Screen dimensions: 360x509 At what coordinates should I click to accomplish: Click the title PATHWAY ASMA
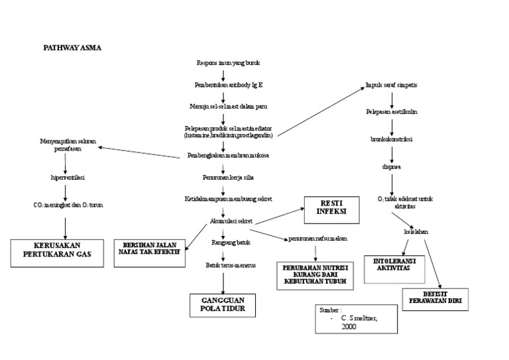(x=72, y=48)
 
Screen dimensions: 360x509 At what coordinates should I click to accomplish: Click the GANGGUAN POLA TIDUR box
(x=223, y=305)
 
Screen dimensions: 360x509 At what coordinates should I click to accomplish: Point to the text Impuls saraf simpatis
(x=391, y=86)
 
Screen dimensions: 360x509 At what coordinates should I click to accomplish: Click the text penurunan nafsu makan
(x=317, y=239)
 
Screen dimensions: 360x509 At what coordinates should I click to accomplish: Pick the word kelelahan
(x=416, y=233)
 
